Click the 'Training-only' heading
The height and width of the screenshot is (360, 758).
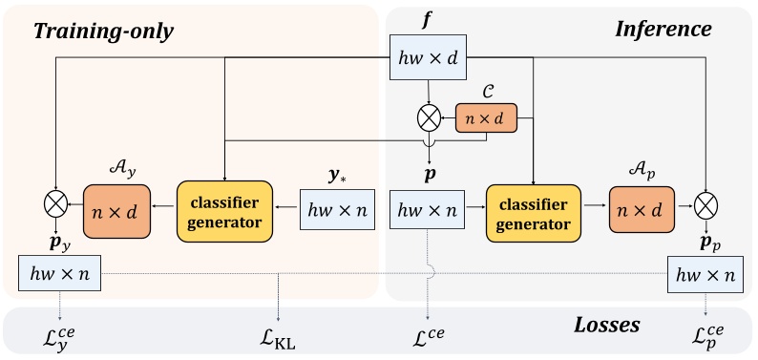click(103, 30)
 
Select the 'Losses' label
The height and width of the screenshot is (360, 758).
click(605, 325)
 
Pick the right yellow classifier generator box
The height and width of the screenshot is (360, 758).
click(532, 209)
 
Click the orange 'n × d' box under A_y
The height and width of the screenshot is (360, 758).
click(119, 209)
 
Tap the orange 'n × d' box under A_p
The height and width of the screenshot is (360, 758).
click(644, 209)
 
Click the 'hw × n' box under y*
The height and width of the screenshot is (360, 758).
click(334, 209)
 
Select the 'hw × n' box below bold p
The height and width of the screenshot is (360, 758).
click(426, 209)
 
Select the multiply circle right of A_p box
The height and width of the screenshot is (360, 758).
click(705, 204)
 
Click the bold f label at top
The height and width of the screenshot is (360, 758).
click(426, 17)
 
